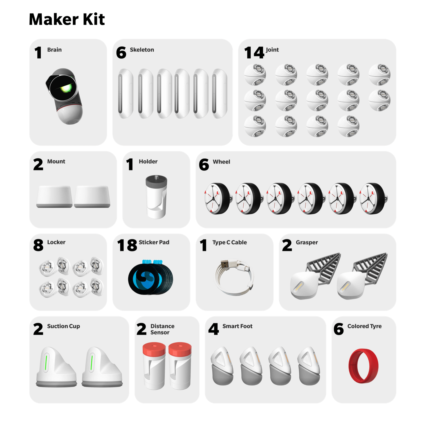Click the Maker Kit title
click(x=67, y=19)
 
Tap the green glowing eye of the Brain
click(x=66, y=88)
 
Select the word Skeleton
click(x=142, y=50)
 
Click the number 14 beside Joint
click(x=254, y=53)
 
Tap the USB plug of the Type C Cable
click(x=225, y=264)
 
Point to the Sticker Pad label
click(x=154, y=242)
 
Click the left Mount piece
click(x=54, y=196)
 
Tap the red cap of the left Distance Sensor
click(x=154, y=349)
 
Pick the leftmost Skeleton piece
click(x=125, y=93)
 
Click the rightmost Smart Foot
click(x=309, y=366)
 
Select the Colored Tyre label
click(x=364, y=326)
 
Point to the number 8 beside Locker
click(x=38, y=245)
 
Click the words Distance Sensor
click(x=162, y=329)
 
